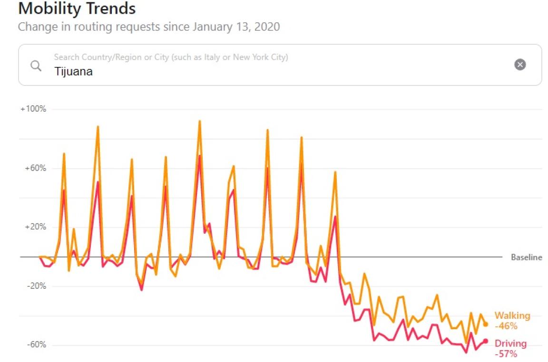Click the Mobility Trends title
click(77, 8)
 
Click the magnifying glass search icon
click(36, 66)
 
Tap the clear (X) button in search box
click(520, 65)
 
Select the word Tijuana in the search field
click(73, 71)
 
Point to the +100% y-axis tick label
click(33, 109)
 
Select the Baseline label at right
click(526, 257)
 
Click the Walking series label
click(512, 316)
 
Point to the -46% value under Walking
click(506, 326)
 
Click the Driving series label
click(510, 343)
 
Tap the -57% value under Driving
click(506, 354)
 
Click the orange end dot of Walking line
click(485, 324)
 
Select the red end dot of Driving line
click(485, 341)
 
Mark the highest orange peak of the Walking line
click(200, 121)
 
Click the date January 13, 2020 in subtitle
click(236, 27)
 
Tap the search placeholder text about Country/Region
click(171, 57)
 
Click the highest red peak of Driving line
click(200, 156)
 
